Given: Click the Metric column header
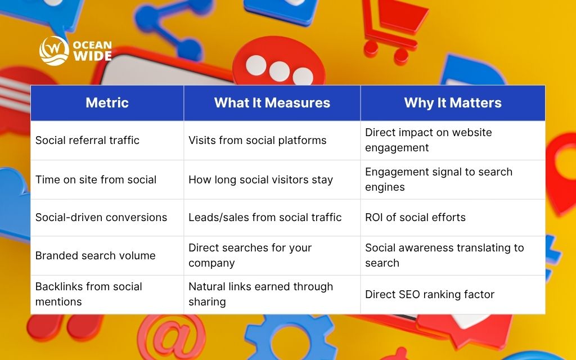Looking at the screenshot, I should [x=107, y=103].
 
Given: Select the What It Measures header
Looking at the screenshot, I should [x=272, y=103].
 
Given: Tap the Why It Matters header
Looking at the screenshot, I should [x=452, y=103].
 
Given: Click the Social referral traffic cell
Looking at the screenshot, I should [x=87, y=140].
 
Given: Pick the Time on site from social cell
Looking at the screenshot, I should [x=96, y=179].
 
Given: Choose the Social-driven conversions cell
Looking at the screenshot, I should [x=101, y=217].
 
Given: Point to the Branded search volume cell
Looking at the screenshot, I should [x=95, y=255].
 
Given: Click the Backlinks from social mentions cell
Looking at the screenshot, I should [x=89, y=294].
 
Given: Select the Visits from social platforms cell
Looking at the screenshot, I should [x=257, y=140].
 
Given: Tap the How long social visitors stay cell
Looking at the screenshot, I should [x=260, y=179].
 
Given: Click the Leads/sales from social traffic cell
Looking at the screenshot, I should [x=265, y=217].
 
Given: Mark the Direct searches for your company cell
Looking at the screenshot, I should [x=250, y=255].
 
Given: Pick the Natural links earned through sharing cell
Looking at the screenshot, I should [x=260, y=294].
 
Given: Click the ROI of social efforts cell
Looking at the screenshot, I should [x=415, y=217].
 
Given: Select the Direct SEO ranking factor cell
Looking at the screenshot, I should [x=429, y=294].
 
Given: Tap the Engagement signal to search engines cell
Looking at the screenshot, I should [x=439, y=179].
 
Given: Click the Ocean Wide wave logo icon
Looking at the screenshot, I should [x=54, y=51].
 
